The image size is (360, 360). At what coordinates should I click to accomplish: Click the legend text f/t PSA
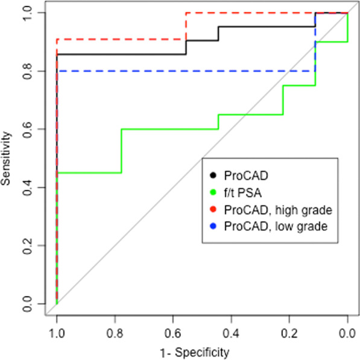click(x=244, y=193)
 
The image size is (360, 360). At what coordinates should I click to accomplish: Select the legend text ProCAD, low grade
click(x=267, y=227)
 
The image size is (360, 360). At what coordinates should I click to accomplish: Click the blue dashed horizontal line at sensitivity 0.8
click(x=181, y=71)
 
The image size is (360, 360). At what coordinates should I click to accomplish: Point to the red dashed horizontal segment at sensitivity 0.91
click(x=121, y=39)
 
